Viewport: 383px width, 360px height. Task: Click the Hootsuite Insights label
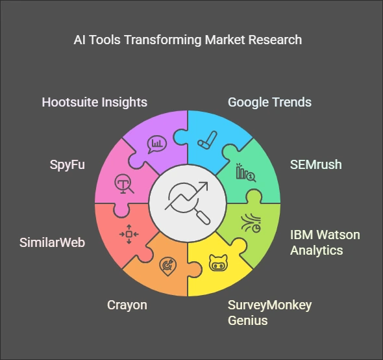tap(95, 102)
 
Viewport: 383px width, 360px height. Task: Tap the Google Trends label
tap(269, 102)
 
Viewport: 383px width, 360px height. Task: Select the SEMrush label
tap(316, 164)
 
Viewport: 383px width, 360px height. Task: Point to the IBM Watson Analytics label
tap(325, 242)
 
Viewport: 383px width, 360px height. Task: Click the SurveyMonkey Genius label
tap(269, 313)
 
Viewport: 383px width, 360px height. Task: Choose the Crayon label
tap(127, 305)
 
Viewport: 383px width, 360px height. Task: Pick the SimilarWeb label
tap(53, 242)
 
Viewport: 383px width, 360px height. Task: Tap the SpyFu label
tap(68, 164)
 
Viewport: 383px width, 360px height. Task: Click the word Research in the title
tap(275, 40)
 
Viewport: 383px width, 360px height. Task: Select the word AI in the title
tap(79, 40)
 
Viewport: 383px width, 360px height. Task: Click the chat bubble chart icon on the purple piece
tap(157, 144)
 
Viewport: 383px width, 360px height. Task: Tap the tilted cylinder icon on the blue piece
tap(207, 140)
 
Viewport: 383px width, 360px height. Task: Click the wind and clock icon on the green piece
tap(251, 223)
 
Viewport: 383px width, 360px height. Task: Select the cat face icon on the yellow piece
tap(218, 263)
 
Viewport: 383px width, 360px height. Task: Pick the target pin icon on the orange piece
tap(168, 266)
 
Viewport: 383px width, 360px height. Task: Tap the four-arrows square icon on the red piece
tap(129, 235)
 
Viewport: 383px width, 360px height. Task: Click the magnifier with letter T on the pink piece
tap(124, 184)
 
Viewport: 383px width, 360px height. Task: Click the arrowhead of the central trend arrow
tap(204, 186)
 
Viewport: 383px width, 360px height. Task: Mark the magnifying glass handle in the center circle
tap(203, 217)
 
